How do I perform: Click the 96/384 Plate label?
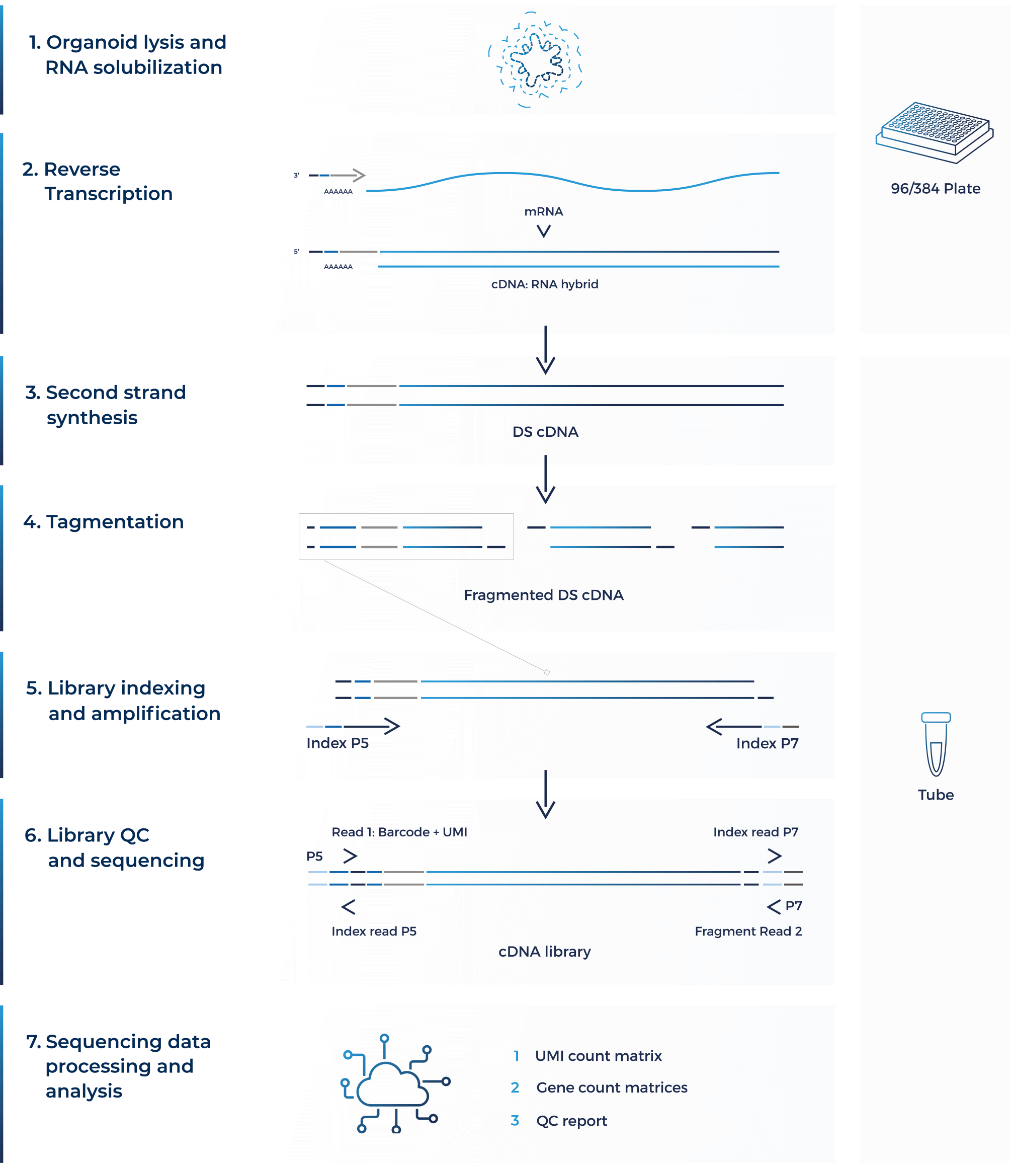(936, 189)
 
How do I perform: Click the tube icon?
(936, 744)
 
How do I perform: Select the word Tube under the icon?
(936, 795)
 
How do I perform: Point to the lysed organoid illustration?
(535, 59)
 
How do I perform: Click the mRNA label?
(543, 212)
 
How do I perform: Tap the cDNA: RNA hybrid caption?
(544, 284)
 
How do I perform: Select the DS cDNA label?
(545, 432)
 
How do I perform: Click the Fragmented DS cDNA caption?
(543, 595)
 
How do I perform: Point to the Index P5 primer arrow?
(353, 726)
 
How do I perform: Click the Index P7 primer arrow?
(752, 726)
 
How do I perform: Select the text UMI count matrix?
(598, 1056)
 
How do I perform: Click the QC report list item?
(571, 1121)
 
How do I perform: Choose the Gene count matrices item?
(612, 1087)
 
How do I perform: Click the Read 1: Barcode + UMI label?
(399, 832)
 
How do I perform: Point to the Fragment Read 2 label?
(748, 931)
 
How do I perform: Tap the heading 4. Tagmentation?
(104, 522)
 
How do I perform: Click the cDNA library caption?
(544, 952)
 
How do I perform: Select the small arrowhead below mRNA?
(544, 231)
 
